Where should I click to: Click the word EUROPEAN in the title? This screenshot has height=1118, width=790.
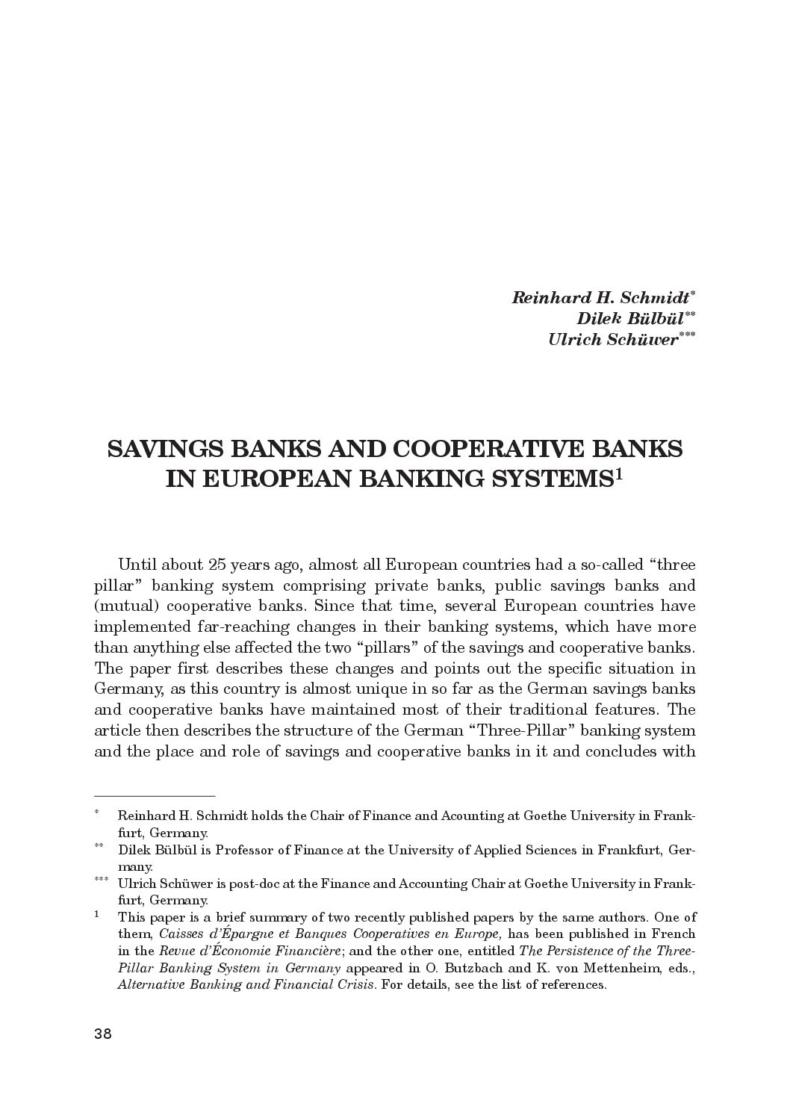tap(276, 479)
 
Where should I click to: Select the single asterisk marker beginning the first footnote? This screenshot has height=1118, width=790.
tap(97, 813)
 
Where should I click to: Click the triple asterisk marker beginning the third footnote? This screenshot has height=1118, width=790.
tap(101, 880)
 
